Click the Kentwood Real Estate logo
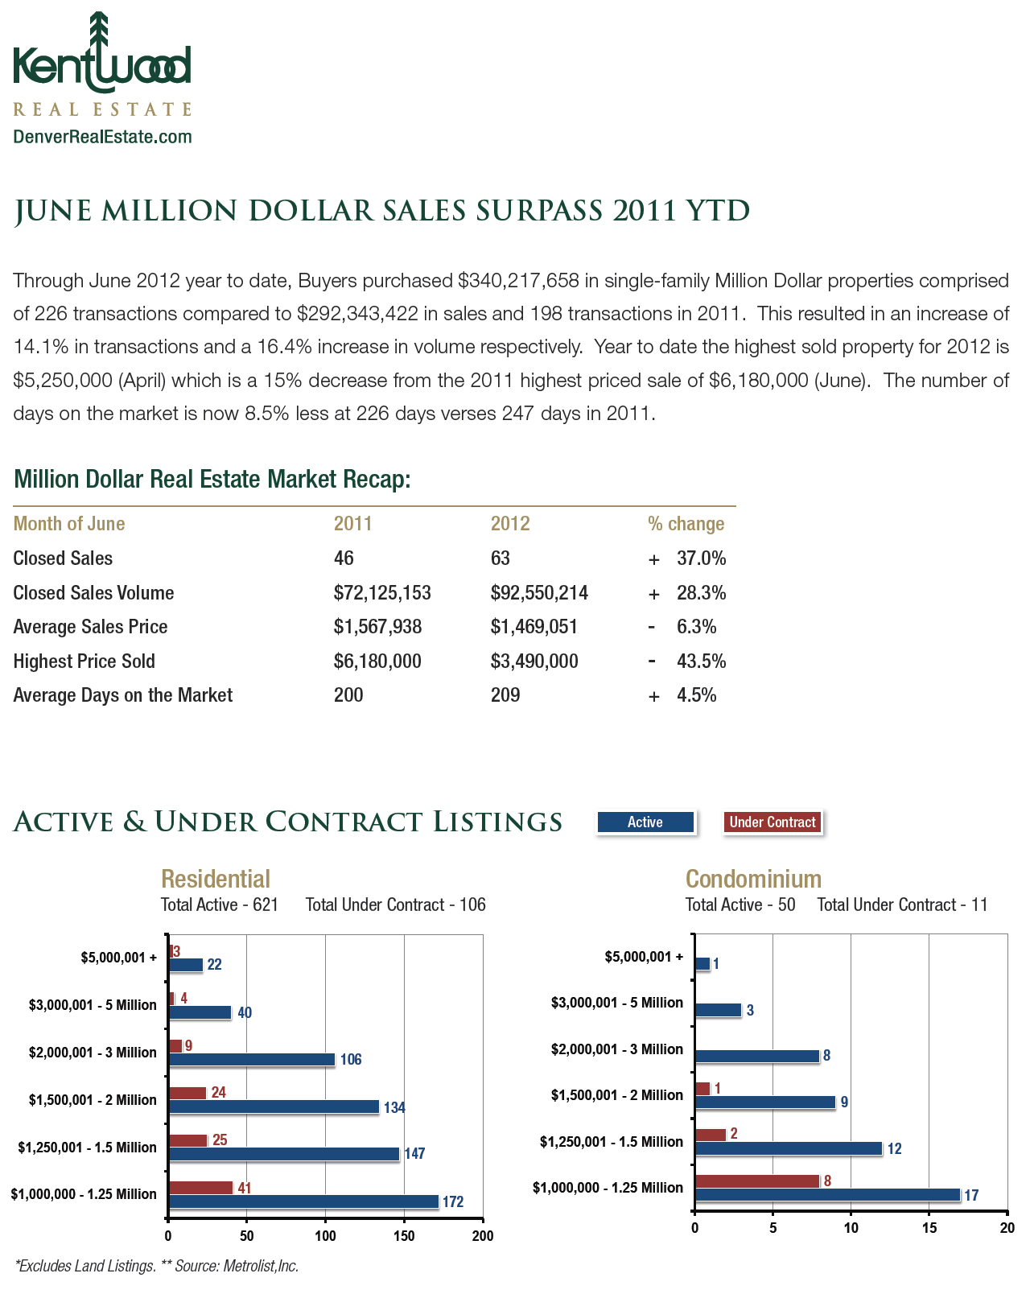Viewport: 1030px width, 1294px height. [x=102, y=64]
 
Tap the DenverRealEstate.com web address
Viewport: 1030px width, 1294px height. [x=102, y=137]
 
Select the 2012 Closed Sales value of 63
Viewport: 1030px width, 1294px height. [x=501, y=558]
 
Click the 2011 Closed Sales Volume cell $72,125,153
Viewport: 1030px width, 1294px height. [x=382, y=593]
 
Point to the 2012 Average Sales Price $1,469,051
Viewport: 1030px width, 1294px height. [x=534, y=627]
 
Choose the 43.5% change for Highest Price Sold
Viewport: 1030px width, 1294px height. [x=701, y=661]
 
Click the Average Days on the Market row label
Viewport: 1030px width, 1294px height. [x=123, y=695]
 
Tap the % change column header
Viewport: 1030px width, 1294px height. [x=686, y=524]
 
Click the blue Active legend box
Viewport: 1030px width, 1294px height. [x=645, y=822]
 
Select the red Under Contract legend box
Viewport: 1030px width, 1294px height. [x=772, y=822]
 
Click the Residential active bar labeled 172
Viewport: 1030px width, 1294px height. [x=303, y=1201]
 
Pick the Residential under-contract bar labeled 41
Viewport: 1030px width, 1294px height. [x=200, y=1188]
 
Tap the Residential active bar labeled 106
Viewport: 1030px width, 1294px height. [x=251, y=1059]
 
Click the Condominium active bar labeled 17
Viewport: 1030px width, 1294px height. [x=827, y=1195]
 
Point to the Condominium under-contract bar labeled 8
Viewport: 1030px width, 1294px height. [x=756, y=1181]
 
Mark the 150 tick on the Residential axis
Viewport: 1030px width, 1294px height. [x=404, y=1236]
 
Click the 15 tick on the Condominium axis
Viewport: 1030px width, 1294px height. [x=929, y=1228]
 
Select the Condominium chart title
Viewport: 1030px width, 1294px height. [x=753, y=878]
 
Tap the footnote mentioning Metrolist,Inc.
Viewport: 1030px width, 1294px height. [x=157, y=1266]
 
